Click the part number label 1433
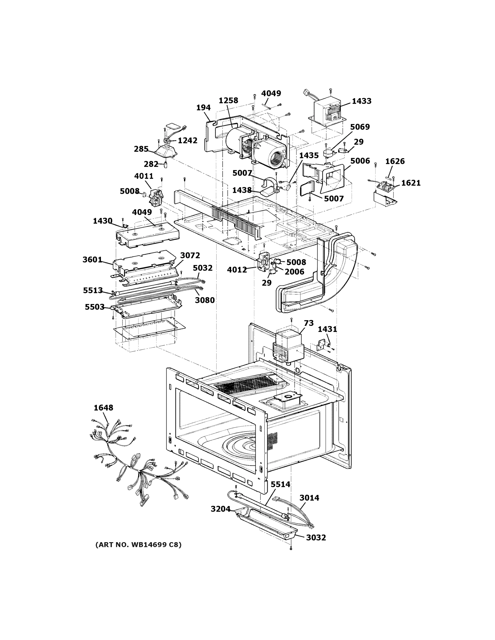[x=361, y=101]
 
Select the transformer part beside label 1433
[x=327, y=113]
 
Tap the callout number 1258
[x=228, y=101]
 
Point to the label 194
[x=203, y=108]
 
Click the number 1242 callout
[x=187, y=140]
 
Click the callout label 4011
[x=144, y=176]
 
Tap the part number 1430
[x=102, y=221]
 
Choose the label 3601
[x=92, y=260]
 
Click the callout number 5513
[x=93, y=290]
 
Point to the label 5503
[x=94, y=307]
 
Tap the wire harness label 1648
[x=103, y=408]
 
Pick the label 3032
[x=316, y=537]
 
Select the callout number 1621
[x=411, y=183]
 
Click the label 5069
[x=360, y=127]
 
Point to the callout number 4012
[x=237, y=270]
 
